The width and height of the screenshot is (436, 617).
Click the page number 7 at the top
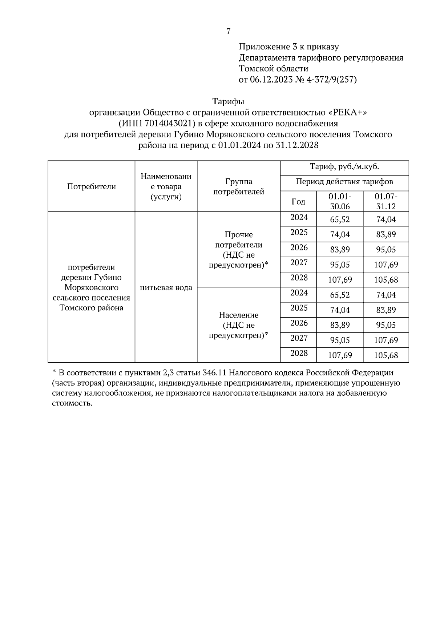228,32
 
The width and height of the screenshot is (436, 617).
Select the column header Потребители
92,187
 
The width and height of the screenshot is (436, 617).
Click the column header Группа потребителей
239,186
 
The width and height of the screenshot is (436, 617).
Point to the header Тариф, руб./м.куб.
344,167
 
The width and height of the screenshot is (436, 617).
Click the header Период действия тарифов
344,182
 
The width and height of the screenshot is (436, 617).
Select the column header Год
298,202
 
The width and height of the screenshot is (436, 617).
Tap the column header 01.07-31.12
386,201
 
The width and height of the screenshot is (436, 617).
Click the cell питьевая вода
166,288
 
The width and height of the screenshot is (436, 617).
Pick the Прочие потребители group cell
239,250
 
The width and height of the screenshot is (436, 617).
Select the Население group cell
239,325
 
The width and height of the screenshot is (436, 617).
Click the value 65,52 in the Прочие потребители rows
340,219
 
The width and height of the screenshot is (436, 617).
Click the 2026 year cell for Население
299,323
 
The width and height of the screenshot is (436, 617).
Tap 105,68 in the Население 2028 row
386,355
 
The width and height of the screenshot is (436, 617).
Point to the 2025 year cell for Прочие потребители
299,233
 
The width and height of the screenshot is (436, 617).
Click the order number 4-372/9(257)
332,80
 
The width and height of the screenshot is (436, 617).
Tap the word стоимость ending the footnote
72,403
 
